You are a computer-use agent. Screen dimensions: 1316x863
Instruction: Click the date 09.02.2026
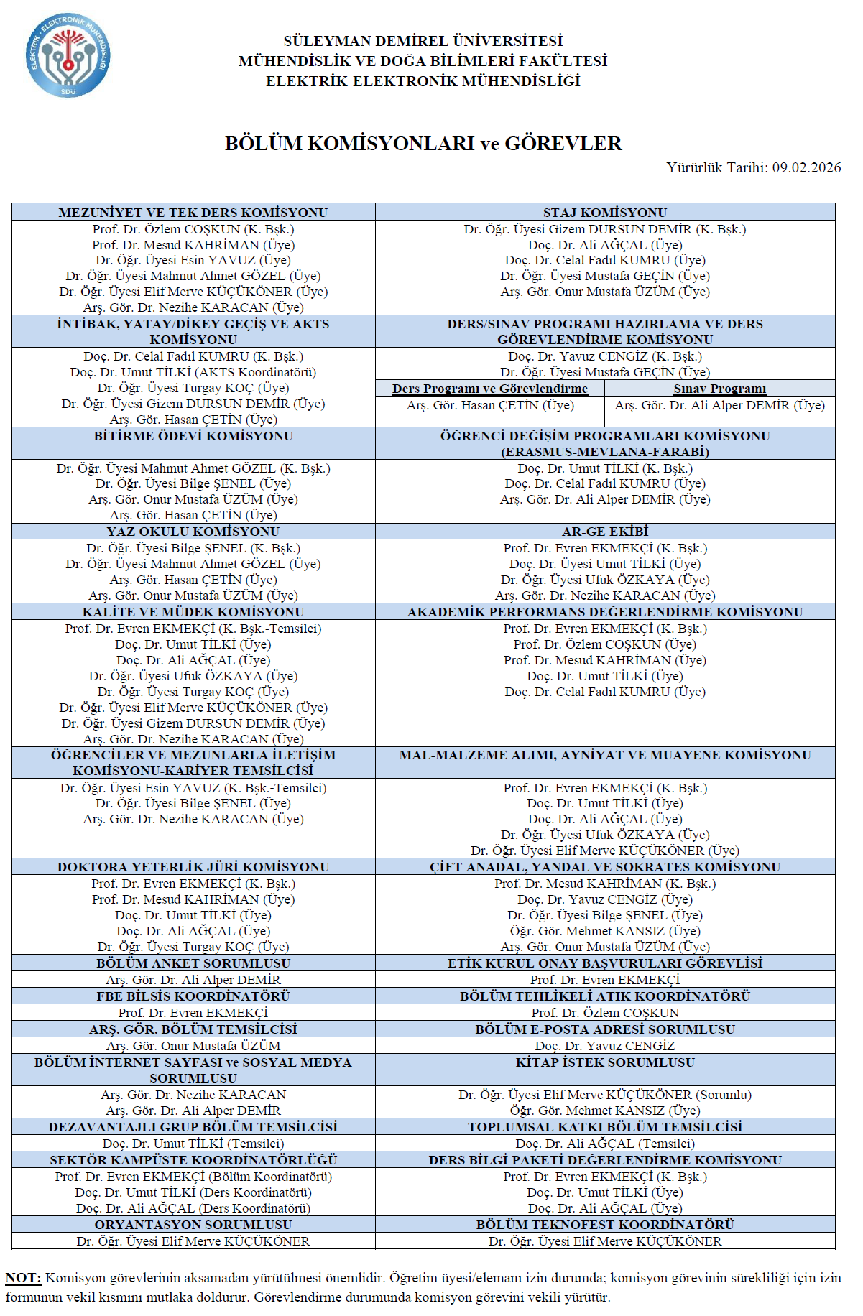click(806, 167)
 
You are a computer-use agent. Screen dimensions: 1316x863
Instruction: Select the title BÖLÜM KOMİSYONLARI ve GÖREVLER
click(423, 143)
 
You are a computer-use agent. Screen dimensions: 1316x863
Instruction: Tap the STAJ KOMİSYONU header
click(604, 213)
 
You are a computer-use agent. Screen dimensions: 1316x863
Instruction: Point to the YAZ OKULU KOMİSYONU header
click(193, 532)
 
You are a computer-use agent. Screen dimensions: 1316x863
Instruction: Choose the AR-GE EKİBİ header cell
click(604, 532)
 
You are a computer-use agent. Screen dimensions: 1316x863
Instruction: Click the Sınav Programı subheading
click(719, 389)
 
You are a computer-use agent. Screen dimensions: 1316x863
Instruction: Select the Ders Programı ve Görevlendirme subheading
click(489, 389)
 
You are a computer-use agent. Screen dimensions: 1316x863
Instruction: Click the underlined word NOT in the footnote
click(23, 1278)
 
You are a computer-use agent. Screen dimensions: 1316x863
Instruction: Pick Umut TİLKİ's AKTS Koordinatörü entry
click(193, 372)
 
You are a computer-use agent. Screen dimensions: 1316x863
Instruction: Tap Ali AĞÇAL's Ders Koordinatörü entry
click(193, 1208)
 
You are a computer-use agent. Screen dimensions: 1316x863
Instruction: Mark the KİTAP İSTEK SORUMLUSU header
click(604, 1062)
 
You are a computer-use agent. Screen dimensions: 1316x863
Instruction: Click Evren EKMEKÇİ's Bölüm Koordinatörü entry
click(193, 1177)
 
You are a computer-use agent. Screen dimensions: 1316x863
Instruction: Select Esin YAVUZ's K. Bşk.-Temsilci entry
click(193, 788)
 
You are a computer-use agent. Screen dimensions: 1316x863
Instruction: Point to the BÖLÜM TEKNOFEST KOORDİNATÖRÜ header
click(604, 1225)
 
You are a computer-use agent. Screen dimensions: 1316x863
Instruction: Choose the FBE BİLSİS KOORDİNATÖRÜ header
click(193, 996)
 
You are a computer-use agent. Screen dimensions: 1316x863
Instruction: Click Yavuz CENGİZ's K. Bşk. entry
click(604, 356)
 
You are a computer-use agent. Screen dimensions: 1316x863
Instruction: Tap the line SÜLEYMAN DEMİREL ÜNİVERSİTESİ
click(423, 41)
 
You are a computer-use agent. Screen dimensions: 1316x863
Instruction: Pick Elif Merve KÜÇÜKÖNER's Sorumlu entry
click(604, 1095)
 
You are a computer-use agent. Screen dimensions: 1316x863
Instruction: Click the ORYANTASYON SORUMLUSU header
click(193, 1225)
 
